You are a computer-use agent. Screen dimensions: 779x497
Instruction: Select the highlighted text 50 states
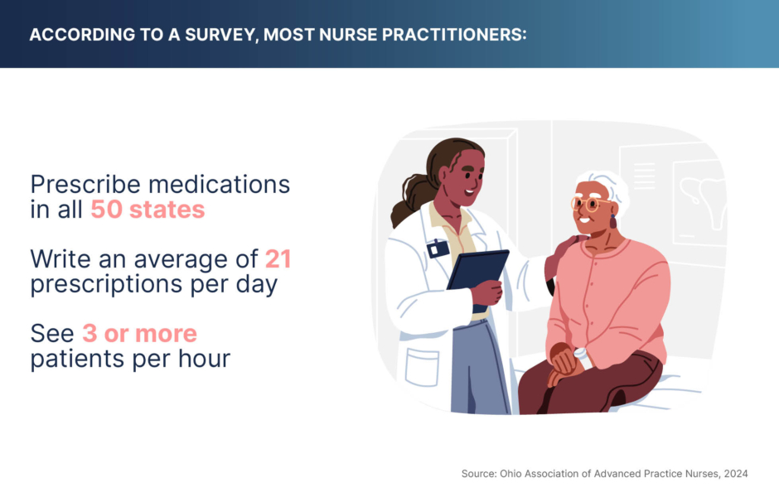[148, 209]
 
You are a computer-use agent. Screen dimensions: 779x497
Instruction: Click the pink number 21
[278, 258]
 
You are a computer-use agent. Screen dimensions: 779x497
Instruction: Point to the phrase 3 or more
[139, 333]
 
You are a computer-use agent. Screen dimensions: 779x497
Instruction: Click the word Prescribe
[85, 185]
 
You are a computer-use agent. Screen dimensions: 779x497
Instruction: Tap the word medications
[219, 184]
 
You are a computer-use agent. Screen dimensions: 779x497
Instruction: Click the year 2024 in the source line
[736, 474]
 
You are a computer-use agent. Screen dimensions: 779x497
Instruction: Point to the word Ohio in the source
[510, 474]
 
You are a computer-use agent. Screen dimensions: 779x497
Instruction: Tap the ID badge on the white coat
[438, 248]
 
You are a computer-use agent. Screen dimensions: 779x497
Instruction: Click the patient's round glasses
[588, 204]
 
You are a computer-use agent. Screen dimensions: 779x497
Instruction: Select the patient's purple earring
[613, 221]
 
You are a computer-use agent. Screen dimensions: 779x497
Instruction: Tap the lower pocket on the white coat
[422, 368]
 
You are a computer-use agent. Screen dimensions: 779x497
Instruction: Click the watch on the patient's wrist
[580, 354]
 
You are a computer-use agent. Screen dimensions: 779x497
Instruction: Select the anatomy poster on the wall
[699, 202]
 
